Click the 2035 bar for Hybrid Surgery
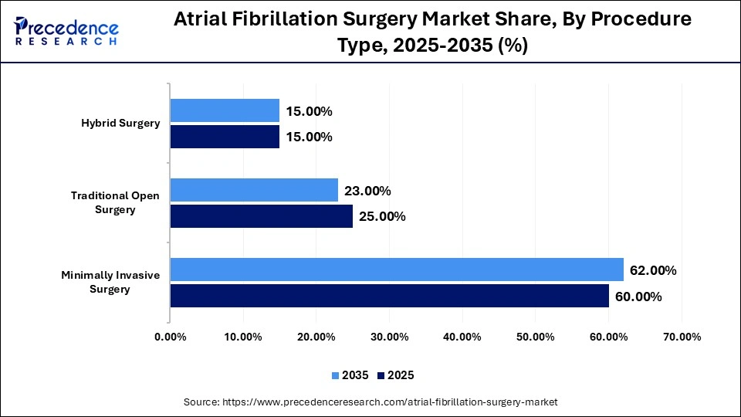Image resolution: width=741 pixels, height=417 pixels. tap(225, 110)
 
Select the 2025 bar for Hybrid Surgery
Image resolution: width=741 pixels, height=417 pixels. tap(225, 137)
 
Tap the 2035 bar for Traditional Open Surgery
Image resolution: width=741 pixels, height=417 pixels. tap(254, 190)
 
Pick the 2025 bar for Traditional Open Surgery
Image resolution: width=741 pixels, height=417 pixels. tap(261, 216)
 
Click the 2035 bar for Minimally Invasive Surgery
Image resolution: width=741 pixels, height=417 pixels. tap(397, 270)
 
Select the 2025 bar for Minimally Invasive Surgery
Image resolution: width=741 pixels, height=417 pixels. tap(389, 296)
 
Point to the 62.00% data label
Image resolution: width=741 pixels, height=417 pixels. tap(653, 270)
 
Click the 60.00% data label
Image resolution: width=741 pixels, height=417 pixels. tap(638, 297)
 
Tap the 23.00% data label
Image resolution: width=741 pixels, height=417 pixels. tap(368, 191)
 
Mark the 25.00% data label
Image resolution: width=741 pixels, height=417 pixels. tap(383, 217)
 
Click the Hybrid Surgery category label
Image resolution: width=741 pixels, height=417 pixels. tap(120, 124)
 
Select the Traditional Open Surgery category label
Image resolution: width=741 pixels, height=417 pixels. tap(115, 202)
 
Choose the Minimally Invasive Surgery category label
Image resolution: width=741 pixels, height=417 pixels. tap(111, 282)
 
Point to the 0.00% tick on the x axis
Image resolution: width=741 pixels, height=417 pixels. tap(170, 337)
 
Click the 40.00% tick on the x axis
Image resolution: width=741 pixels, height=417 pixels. tap(462, 337)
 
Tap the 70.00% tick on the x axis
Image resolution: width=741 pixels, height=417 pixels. tap(682, 337)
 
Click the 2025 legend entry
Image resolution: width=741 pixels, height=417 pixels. tap(396, 375)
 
